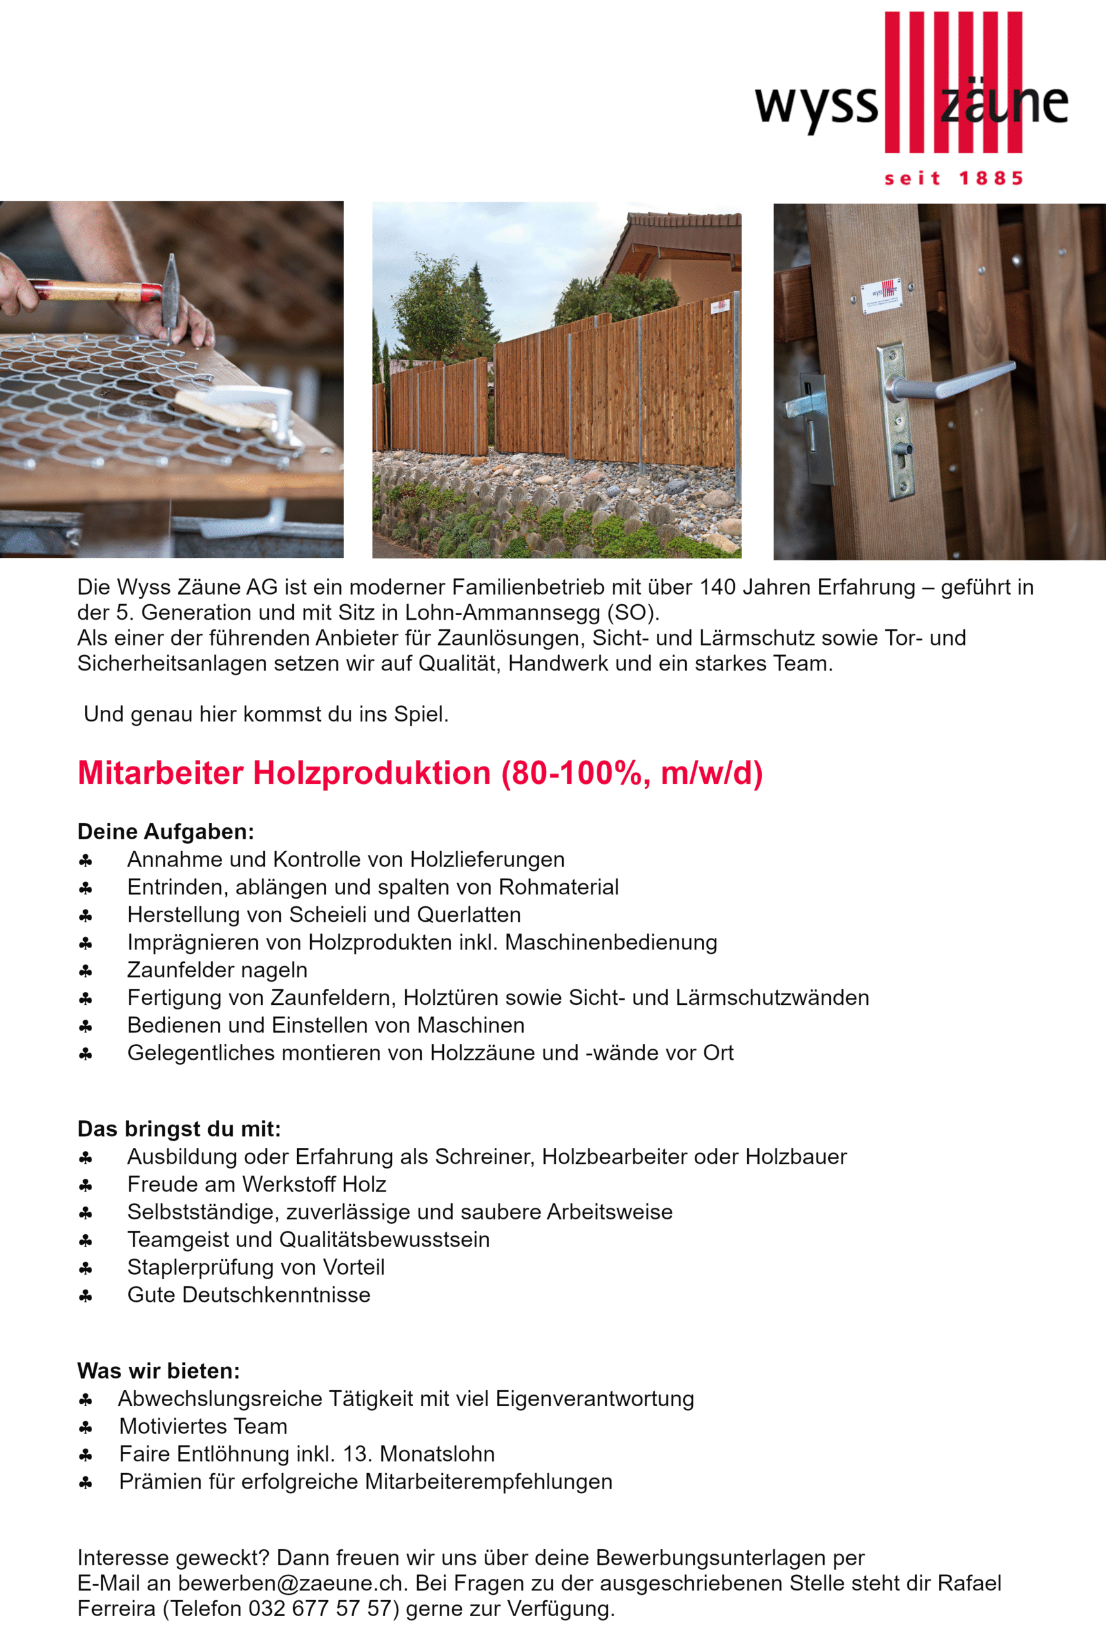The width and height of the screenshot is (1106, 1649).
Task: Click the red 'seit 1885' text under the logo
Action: [x=953, y=178]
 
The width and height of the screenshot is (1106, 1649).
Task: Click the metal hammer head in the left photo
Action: [x=170, y=289]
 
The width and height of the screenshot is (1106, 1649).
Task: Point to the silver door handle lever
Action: [x=959, y=381]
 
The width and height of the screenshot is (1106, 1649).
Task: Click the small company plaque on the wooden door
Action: [x=882, y=294]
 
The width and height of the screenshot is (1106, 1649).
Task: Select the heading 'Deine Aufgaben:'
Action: [x=166, y=832]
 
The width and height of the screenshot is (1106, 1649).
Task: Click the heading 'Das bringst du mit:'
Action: [x=179, y=1129]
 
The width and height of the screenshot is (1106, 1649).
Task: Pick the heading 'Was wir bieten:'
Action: [x=159, y=1371]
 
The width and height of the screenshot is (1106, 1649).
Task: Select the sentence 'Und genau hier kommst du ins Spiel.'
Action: [x=266, y=714]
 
